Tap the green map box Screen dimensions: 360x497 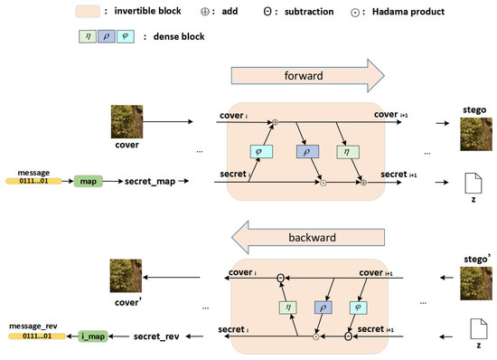pyautogui.click(x=89, y=181)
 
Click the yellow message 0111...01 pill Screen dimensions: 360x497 pyautogui.click(x=34, y=181)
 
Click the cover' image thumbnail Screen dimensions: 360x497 pyautogui.click(x=127, y=276)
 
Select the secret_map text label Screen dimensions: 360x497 pyautogui.click(x=152, y=181)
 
